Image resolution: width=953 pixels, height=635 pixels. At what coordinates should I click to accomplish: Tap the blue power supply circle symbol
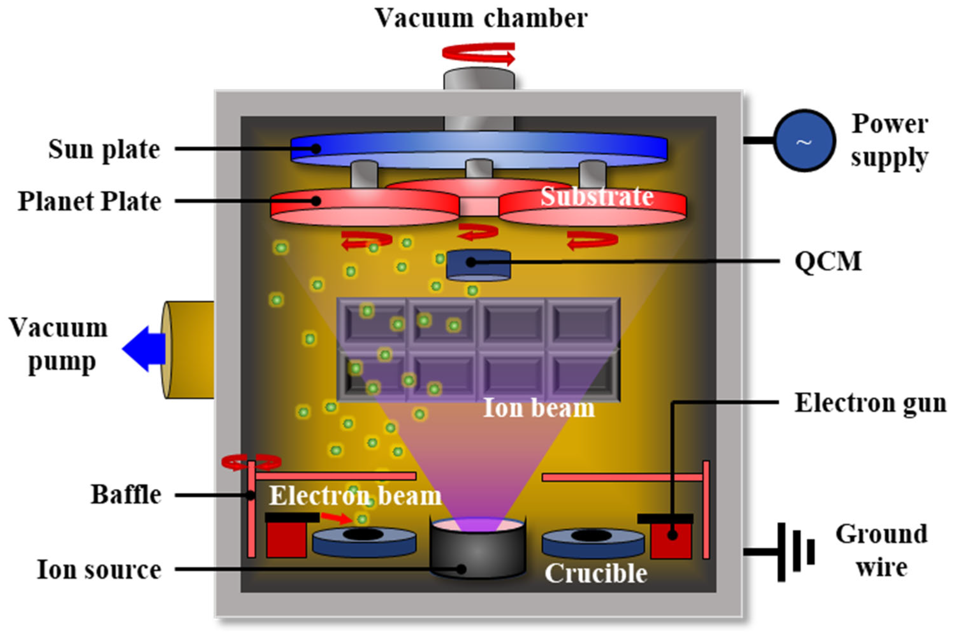pyautogui.click(x=804, y=140)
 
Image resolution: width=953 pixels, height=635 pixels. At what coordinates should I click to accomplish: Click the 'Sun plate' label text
pyautogui.click(x=104, y=149)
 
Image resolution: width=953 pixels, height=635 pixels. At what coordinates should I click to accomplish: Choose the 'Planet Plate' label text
pyautogui.click(x=90, y=201)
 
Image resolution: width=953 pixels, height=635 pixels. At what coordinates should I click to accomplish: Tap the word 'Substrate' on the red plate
pyautogui.click(x=597, y=196)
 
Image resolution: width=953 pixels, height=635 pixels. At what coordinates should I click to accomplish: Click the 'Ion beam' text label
pyautogui.click(x=539, y=408)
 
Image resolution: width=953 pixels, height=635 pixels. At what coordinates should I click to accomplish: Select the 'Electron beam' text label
pyautogui.click(x=355, y=495)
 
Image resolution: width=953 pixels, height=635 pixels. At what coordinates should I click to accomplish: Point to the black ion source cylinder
pyautogui.click(x=478, y=551)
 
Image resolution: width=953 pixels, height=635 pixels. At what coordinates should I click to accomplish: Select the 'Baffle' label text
pyautogui.click(x=126, y=495)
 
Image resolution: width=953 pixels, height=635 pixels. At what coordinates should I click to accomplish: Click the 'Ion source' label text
pyautogui.click(x=99, y=569)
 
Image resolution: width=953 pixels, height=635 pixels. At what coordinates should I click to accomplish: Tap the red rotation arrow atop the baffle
pyautogui.click(x=251, y=462)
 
